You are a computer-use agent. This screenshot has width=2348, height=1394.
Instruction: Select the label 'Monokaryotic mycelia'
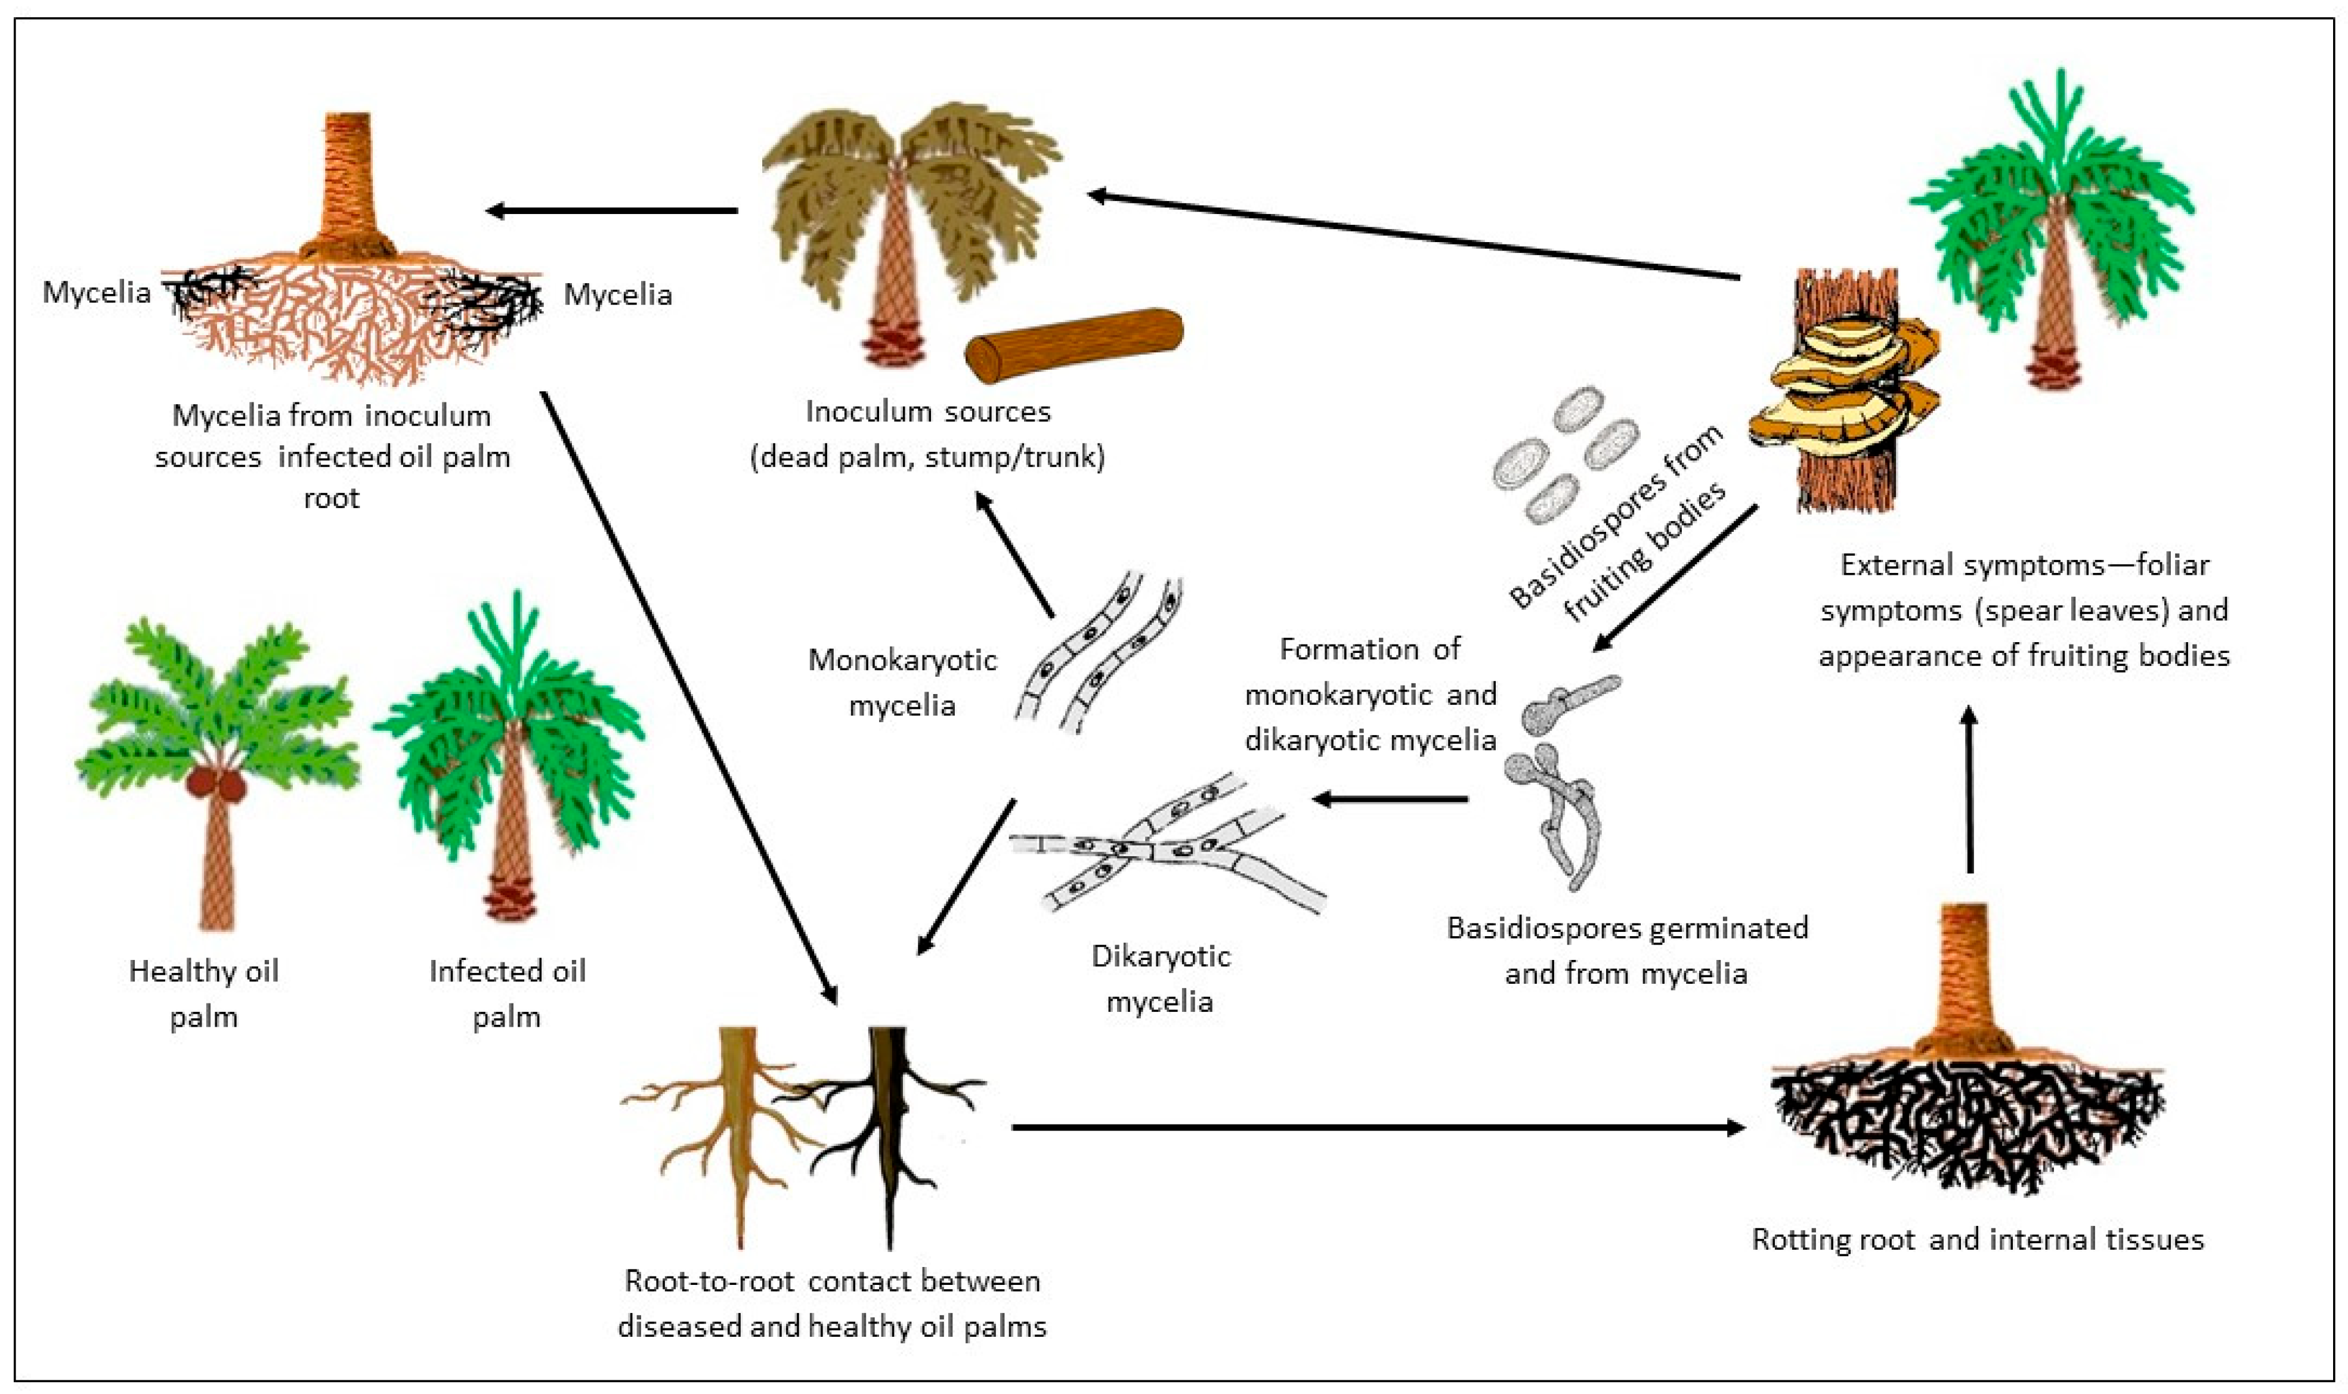click(902, 682)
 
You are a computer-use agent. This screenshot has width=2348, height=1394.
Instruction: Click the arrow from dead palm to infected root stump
click(611, 210)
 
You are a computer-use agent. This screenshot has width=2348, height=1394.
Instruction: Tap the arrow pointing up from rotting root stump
click(1970, 789)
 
